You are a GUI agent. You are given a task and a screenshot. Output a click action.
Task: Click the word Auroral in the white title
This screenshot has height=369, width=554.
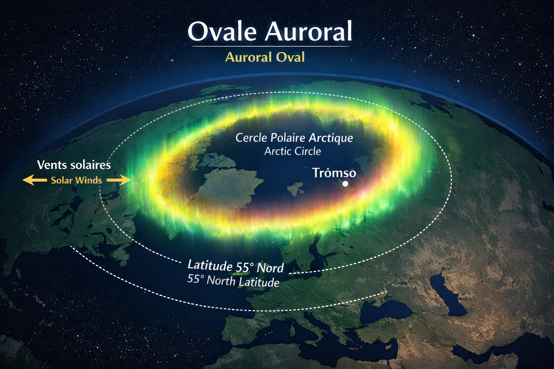coord(308,32)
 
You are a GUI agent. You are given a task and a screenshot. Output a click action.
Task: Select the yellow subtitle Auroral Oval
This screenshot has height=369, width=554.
coord(265,57)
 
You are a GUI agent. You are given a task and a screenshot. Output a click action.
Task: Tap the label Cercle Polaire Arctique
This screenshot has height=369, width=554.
coord(294,138)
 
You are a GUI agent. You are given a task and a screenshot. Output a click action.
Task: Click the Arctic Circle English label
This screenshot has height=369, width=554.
coord(293,151)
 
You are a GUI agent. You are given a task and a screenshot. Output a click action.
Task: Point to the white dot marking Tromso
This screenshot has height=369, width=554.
coord(345,184)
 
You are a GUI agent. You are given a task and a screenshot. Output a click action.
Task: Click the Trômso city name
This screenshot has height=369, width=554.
coord(334,173)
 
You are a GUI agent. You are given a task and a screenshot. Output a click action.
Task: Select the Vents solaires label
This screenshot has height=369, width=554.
coord(74,165)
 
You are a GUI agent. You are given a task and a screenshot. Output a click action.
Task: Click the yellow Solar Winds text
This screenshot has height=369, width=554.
coord(76,181)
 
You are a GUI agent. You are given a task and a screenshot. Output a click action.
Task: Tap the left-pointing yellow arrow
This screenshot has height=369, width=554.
coord(35,180)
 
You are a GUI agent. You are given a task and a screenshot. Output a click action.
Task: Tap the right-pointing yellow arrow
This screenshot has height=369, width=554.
coord(119,180)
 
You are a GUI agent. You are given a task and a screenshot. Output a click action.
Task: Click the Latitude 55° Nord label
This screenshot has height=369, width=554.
coord(236,266)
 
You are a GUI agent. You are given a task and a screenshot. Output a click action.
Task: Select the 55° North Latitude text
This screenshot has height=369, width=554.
coord(233,281)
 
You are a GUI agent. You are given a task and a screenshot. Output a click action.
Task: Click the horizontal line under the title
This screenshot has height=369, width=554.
coord(271,46)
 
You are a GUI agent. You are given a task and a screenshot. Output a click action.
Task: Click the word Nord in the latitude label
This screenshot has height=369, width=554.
coord(270,268)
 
